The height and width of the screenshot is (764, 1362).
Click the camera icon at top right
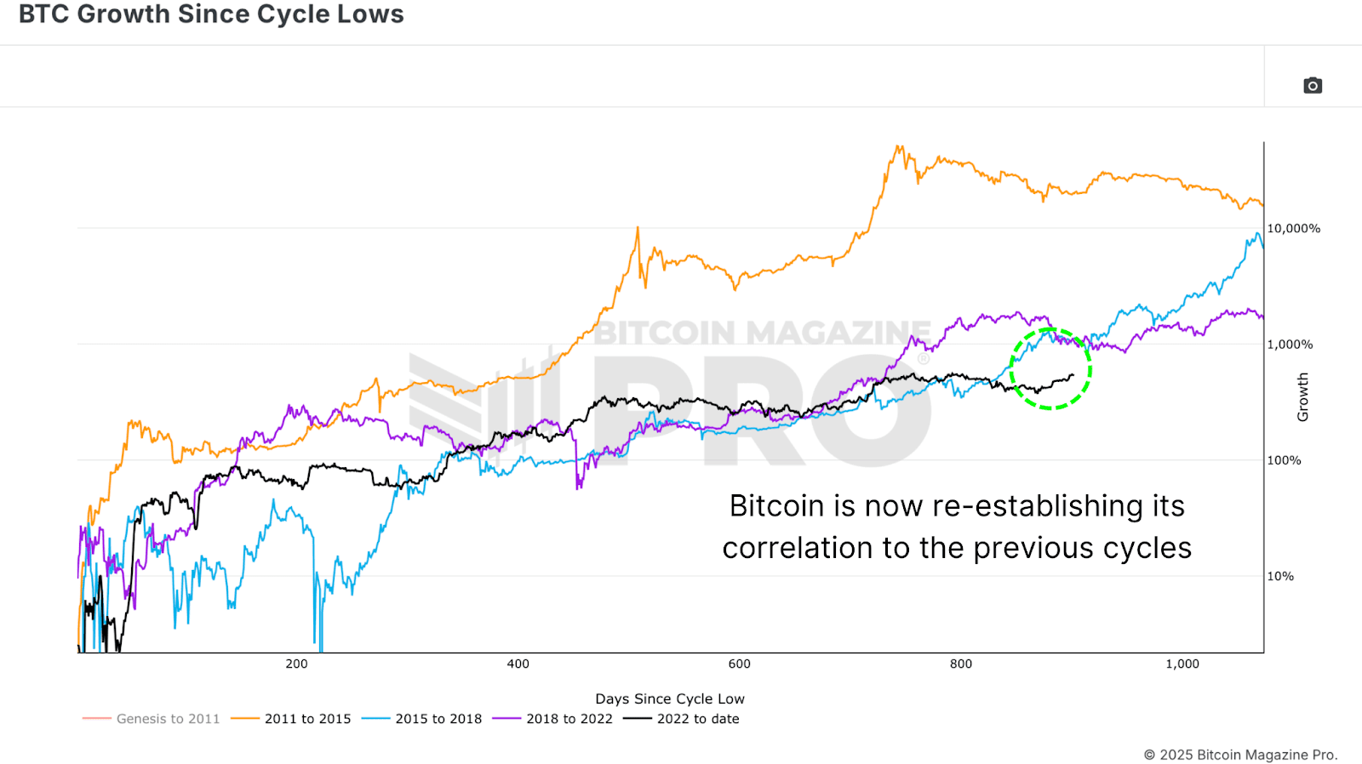(x=1313, y=85)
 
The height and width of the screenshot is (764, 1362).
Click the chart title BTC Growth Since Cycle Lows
(x=211, y=14)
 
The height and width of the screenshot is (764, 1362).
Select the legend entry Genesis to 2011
(x=168, y=719)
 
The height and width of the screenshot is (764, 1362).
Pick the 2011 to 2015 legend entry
(x=307, y=719)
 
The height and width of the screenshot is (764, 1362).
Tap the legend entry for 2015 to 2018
(x=438, y=719)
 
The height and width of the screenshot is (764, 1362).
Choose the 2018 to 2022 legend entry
(x=569, y=719)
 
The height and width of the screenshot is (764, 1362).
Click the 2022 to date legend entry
(x=698, y=719)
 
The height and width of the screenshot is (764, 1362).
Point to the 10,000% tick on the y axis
(x=1293, y=229)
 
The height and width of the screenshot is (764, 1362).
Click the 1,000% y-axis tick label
(x=1290, y=345)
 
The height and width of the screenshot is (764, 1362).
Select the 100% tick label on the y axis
(x=1284, y=460)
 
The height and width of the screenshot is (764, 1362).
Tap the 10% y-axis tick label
(x=1280, y=576)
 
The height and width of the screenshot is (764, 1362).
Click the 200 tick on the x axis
(x=296, y=664)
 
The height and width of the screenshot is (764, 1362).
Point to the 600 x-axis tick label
(x=739, y=664)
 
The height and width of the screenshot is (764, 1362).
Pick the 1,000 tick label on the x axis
(x=1182, y=664)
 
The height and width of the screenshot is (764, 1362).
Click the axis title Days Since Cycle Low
(x=669, y=698)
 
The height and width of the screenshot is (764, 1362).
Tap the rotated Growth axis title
(x=1302, y=396)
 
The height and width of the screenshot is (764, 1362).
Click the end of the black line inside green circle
(x=1073, y=374)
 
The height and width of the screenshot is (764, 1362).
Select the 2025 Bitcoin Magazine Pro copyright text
(x=1240, y=755)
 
